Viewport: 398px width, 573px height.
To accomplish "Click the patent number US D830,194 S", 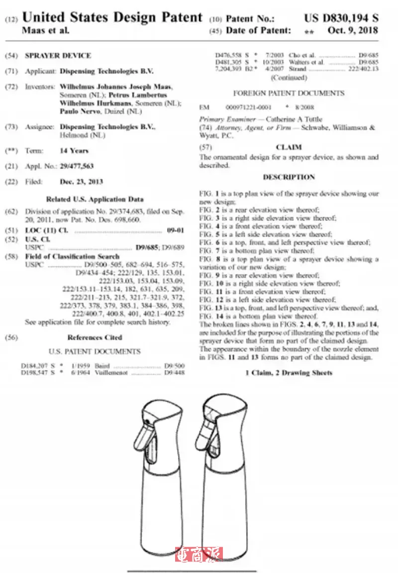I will click(341, 19).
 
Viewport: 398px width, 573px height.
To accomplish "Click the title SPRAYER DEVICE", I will click(58, 56).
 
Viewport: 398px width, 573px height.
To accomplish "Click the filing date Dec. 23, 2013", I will click(81, 182).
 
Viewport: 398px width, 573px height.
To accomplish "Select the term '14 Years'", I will click(74, 151).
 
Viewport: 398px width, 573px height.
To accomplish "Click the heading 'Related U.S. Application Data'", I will click(95, 199).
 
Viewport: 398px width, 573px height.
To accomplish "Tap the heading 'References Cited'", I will click(95, 337).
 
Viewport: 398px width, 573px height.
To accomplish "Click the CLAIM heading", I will click(289, 147).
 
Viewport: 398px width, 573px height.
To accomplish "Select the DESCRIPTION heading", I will click(289, 177).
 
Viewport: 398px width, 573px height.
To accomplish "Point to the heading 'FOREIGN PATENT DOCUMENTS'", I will click(289, 93).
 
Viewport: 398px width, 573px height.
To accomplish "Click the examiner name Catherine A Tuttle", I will click(294, 119).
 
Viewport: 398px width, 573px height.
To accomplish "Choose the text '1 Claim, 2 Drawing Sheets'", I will click(289, 373).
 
